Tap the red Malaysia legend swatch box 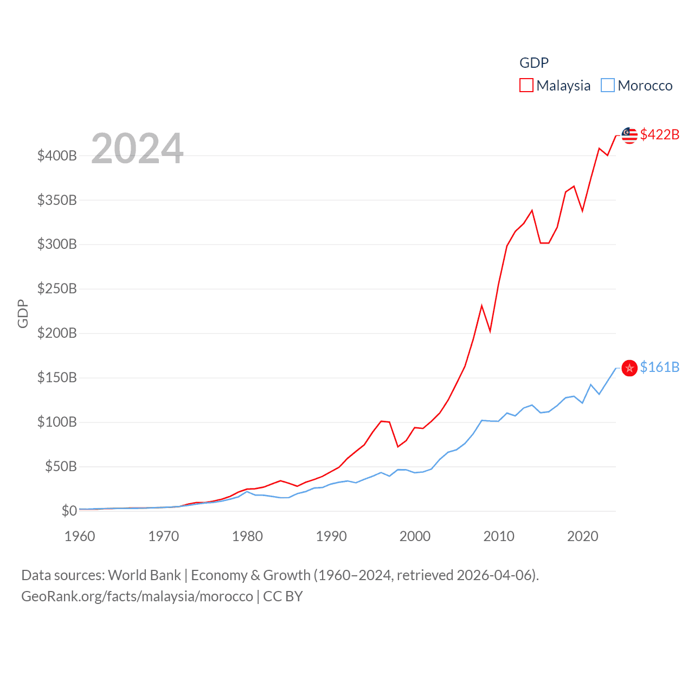click(x=526, y=85)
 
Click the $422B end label click(x=659, y=134)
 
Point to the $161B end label click(x=659, y=367)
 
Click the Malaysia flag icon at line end click(x=629, y=136)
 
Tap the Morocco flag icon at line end click(x=629, y=368)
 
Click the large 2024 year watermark click(x=137, y=149)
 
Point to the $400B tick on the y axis click(x=57, y=156)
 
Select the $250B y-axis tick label click(x=57, y=288)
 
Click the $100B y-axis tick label click(x=57, y=422)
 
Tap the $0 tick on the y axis click(x=69, y=511)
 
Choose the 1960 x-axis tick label click(x=80, y=536)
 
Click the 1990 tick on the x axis click(x=331, y=536)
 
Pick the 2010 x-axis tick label click(x=499, y=536)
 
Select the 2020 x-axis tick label click(x=583, y=536)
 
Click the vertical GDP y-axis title click(x=23, y=313)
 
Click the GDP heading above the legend click(x=534, y=63)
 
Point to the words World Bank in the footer click(x=145, y=575)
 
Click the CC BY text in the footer click(x=283, y=596)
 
